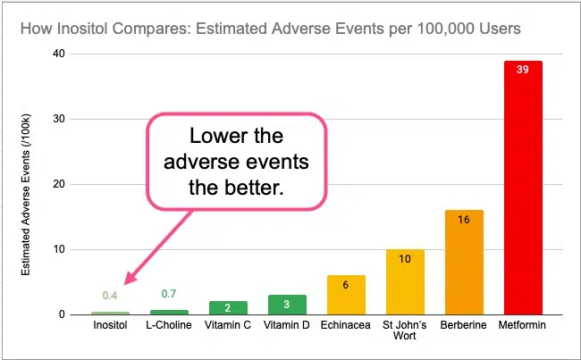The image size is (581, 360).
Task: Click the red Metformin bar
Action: [523, 188]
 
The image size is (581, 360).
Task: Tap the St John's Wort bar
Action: [405, 281]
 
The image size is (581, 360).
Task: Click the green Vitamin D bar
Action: [287, 305]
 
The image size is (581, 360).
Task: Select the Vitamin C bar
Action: [228, 307]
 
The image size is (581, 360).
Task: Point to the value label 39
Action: [523, 70]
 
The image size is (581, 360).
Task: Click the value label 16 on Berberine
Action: [464, 219]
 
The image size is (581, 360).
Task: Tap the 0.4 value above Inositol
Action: [110, 296]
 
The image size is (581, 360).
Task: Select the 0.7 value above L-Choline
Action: [169, 293]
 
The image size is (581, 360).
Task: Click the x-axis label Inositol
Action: [110, 326]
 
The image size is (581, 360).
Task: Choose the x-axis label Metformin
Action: [523, 326]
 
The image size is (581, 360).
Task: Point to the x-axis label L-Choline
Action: [169, 326]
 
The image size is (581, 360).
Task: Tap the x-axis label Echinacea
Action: [346, 326]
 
